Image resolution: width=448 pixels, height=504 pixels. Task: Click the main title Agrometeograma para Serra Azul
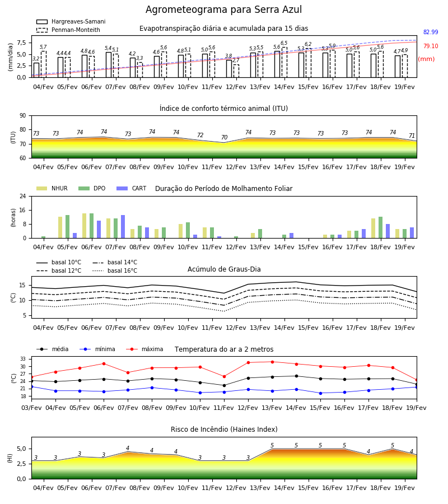pos(223,10)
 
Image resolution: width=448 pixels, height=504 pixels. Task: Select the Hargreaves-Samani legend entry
pos(71,21)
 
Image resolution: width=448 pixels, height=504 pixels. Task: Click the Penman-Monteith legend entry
pos(68,30)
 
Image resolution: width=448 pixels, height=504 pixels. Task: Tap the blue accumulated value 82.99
pos(431,32)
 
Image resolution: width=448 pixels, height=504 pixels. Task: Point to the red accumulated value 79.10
pos(431,46)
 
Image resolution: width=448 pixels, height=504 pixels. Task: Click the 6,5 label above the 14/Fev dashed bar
pos(284,43)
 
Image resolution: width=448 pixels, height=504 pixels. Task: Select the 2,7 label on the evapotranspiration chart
pos(236,60)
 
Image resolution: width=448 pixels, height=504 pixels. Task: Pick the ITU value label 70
pos(225,137)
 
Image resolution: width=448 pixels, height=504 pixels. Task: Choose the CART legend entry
pos(132,188)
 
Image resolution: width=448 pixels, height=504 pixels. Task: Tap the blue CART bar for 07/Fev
pos(123,227)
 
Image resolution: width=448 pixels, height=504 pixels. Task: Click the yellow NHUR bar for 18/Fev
pos(373,228)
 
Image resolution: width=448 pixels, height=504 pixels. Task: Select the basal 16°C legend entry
pos(115,270)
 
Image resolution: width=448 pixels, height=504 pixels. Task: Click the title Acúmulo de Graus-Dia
pos(224,269)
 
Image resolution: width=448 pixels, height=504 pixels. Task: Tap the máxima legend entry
pos(144,349)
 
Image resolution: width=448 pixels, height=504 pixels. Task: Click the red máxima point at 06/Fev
pos(104,363)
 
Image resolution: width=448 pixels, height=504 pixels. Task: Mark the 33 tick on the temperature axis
pos(23,359)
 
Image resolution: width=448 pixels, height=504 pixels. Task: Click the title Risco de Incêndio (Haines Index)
pos(224,429)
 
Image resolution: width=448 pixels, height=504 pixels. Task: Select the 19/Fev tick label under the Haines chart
pos(404,488)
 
